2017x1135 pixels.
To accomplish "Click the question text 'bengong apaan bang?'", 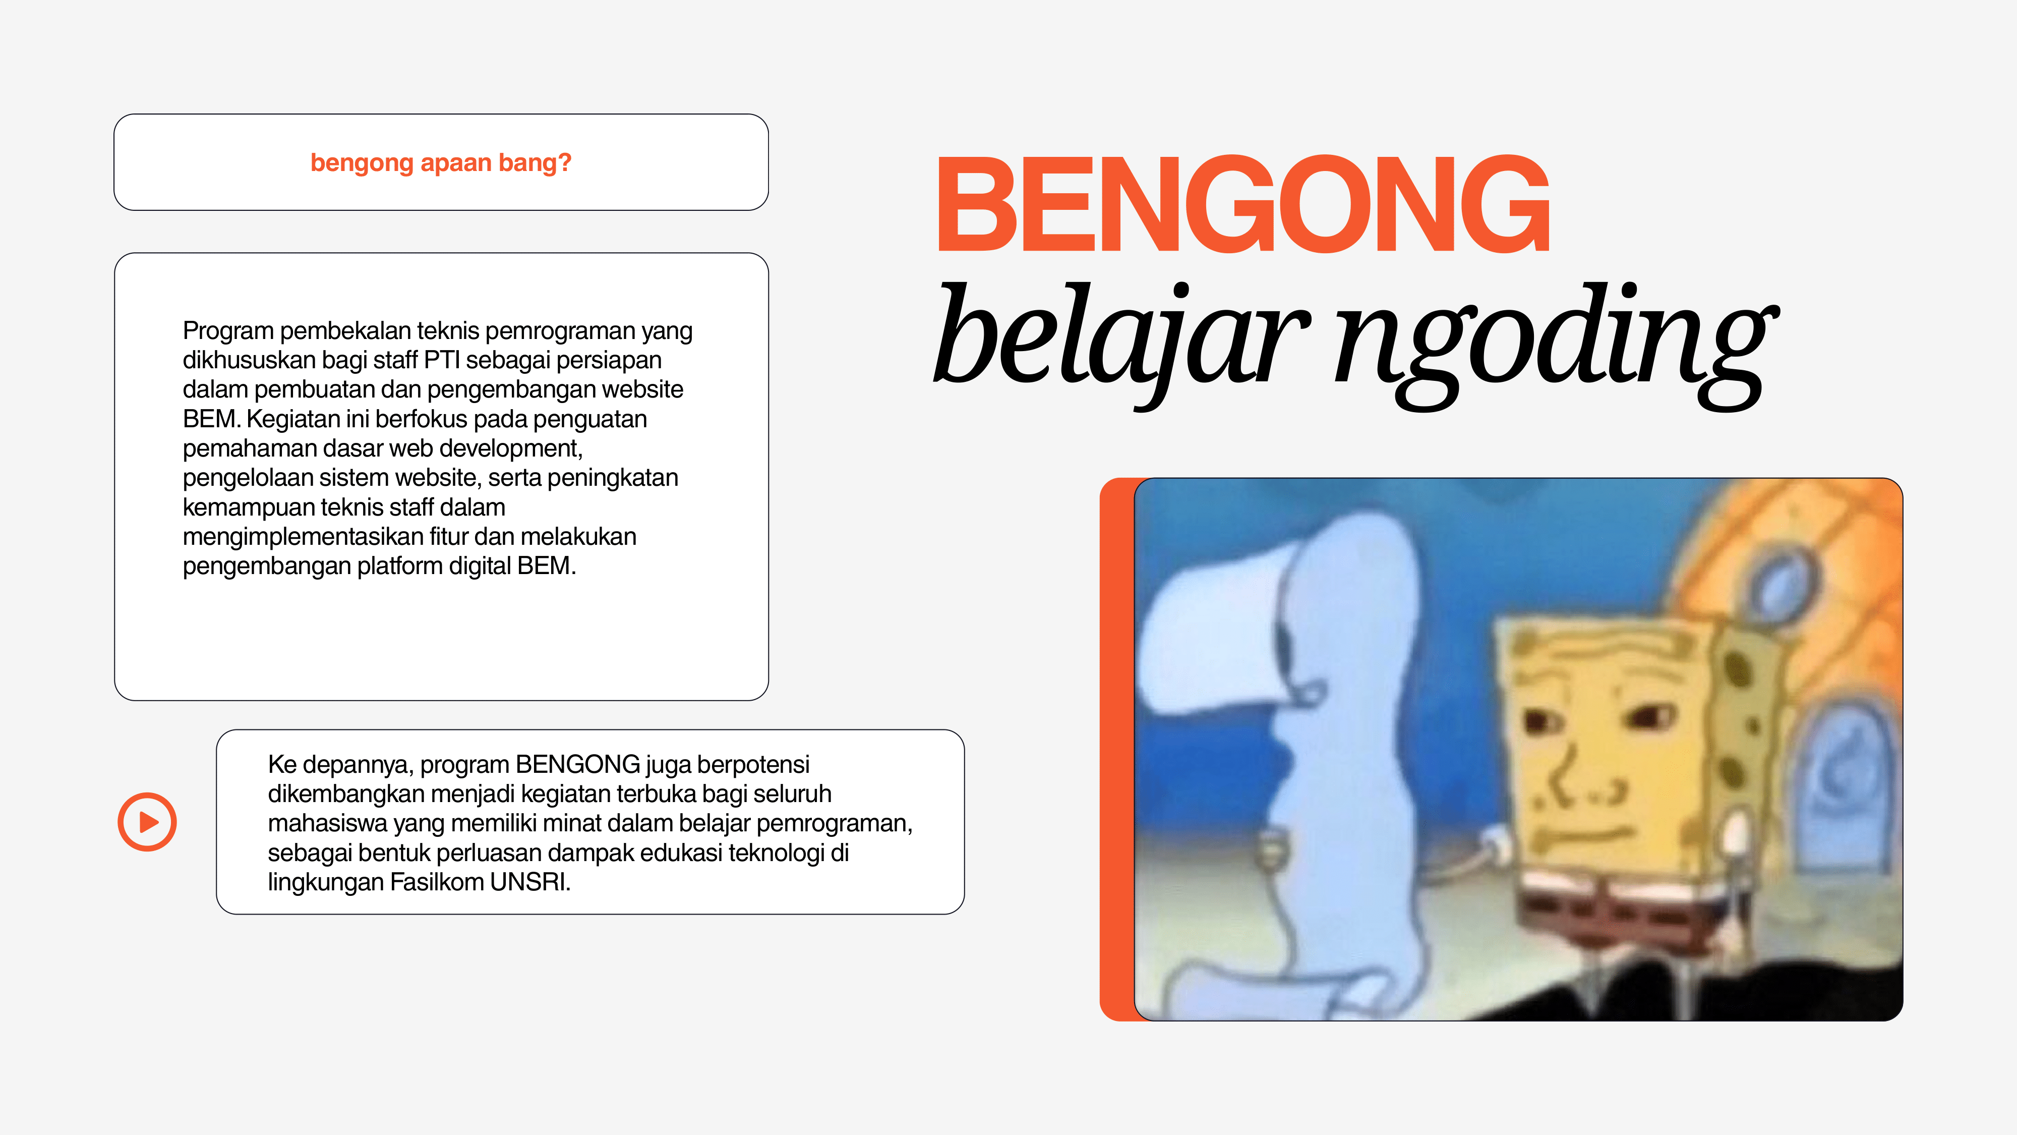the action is click(x=441, y=163).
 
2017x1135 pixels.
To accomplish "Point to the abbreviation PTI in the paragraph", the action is click(x=442, y=360).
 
